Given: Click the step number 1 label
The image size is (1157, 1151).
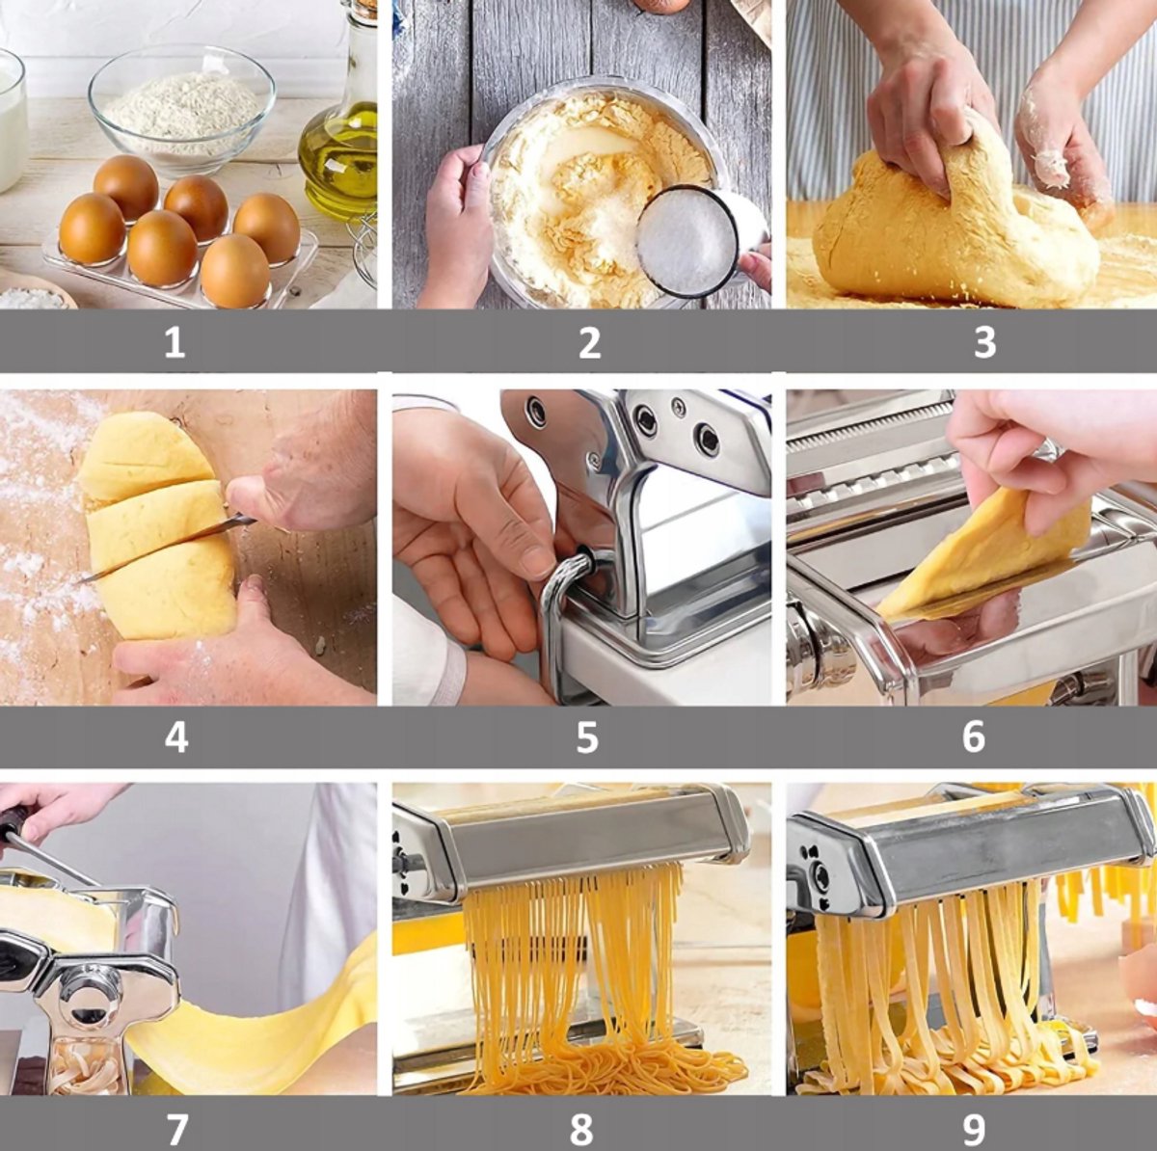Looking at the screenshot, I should pyautogui.click(x=175, y=342).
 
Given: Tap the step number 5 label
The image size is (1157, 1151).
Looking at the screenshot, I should pyautogui.click(x=587, y=736).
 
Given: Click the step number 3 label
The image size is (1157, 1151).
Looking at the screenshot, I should pyautogui.click(x=984, y=342).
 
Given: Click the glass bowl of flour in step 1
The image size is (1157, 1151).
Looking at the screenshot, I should pyautogui.click(x=181, y=106).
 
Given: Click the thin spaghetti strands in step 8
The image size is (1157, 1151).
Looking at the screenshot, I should pyautogui.click(x=578, y=974).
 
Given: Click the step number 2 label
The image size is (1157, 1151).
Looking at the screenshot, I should pyautogui.click(x=589, y=342).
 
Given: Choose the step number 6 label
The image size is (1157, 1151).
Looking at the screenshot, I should pyautogui.click(x=973, y=736).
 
